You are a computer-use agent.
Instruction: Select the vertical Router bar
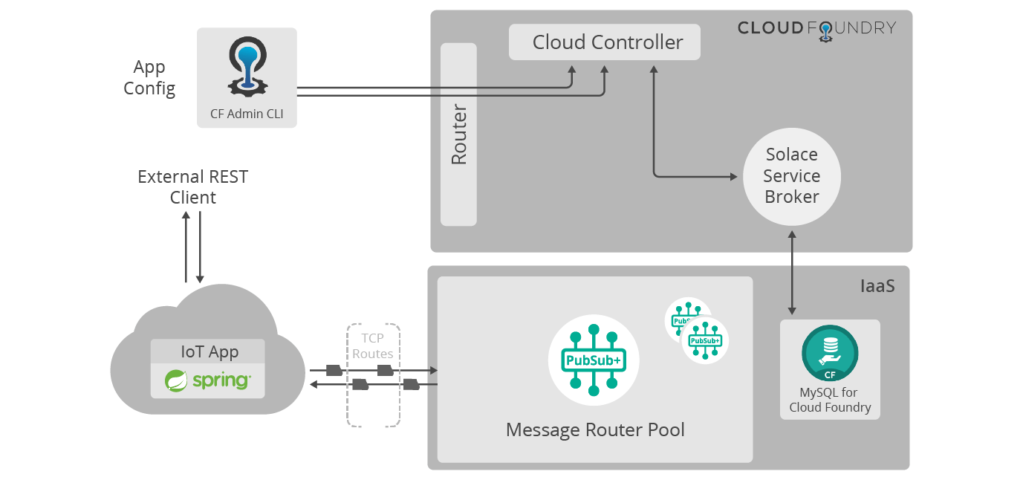(x=458, y=134)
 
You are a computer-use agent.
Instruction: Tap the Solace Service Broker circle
(x=792, y=176)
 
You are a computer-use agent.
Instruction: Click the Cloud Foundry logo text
(x=816, y=28)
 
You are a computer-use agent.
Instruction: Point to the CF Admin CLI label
(x=247, y=114)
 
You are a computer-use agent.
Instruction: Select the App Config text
(x=149, y=77)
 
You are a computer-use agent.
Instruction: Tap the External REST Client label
(x=192, y=187)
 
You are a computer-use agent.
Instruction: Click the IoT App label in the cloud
(x=209, y=351)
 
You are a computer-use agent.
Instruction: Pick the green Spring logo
(x=208, y=380)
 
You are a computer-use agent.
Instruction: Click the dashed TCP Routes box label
(x=373, y=346)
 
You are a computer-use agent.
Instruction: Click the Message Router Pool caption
(x=595, y=429)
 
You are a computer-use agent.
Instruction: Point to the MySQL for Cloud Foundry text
(x=830, y=400)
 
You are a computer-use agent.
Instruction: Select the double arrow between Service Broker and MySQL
(x=792, y=272)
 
